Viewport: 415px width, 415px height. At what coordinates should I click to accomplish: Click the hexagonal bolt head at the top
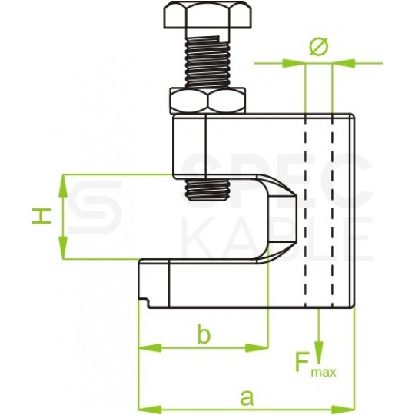tap(207, 15)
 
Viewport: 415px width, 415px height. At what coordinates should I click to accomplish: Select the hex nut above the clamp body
tap(207, 101)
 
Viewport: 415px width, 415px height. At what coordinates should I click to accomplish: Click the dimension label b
tap(204, 334)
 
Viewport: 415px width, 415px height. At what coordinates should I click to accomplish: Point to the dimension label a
tap(247, 397)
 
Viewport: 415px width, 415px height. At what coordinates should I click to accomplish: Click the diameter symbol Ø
tap(319, 47)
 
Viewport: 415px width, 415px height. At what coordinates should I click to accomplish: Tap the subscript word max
tap(324, 373)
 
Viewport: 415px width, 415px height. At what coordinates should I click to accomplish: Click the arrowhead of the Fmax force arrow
tap(319, 351)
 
